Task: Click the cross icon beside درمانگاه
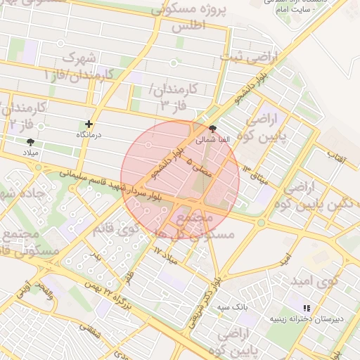89,124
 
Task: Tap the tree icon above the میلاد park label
30,141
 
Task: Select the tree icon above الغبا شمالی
212,129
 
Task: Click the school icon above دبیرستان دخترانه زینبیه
306,308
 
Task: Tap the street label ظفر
129,276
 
